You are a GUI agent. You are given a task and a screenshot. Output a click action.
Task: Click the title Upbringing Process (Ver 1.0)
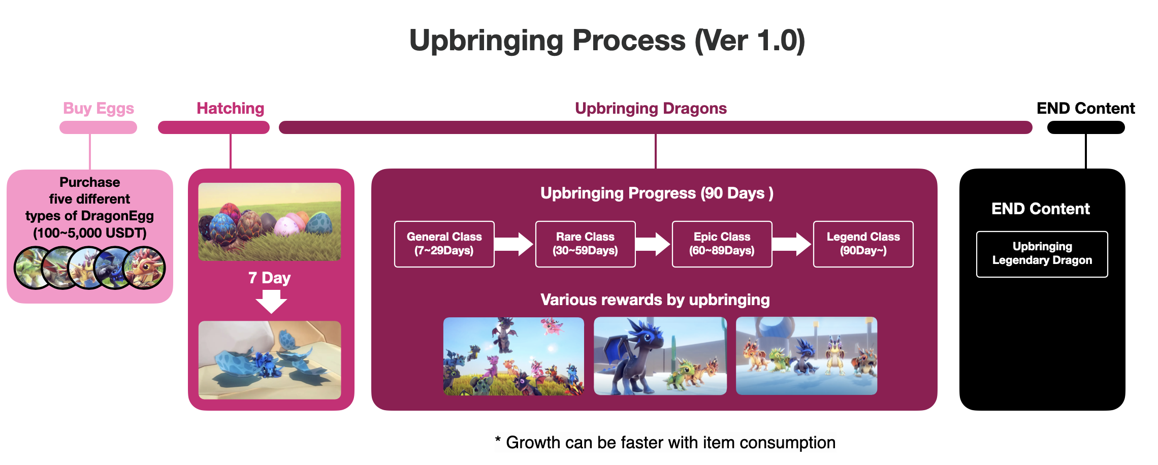point(607,41)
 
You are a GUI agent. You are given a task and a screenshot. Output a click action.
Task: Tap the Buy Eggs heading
point(99,108)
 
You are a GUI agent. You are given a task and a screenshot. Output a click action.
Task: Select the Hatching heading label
point(231,108)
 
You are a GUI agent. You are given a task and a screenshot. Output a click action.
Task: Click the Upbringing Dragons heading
point(651,108)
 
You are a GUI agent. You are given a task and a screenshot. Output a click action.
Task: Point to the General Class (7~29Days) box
point(444,244)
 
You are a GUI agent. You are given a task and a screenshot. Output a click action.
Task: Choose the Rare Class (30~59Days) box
point(585,244)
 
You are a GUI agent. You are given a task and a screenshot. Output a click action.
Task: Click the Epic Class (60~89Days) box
point(722,244)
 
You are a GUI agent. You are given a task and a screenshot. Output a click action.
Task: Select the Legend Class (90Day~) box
point(863,244)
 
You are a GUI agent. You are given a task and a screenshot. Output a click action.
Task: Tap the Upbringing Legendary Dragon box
point(1042,254)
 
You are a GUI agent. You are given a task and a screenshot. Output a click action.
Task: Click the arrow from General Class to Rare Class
point(514,244)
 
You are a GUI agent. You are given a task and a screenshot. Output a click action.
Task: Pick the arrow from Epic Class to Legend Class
point(792,244)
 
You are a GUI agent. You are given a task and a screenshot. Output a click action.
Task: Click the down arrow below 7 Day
point(271,302)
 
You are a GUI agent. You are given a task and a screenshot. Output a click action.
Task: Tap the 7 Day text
point(270,278)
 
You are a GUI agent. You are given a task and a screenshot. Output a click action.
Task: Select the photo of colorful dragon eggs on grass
point(270,222)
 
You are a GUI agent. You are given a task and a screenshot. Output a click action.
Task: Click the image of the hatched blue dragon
point(270,360)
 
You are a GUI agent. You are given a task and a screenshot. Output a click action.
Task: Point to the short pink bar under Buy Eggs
point(98,127)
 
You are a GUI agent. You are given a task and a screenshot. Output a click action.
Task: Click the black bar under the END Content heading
point(1086,127)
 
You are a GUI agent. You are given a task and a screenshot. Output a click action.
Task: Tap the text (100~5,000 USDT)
point(90,233)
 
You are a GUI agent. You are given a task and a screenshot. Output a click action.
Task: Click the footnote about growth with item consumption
point(665,443)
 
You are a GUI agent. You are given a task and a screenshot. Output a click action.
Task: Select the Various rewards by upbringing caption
point(655,300)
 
